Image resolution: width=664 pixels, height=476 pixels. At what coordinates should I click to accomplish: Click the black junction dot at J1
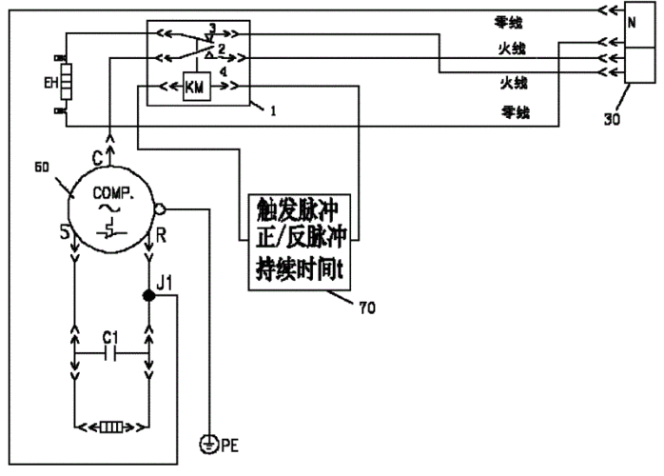148,296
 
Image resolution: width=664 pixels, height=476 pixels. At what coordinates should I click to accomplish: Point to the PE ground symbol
207,442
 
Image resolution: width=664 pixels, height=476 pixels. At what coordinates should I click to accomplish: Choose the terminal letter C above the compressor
95,150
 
